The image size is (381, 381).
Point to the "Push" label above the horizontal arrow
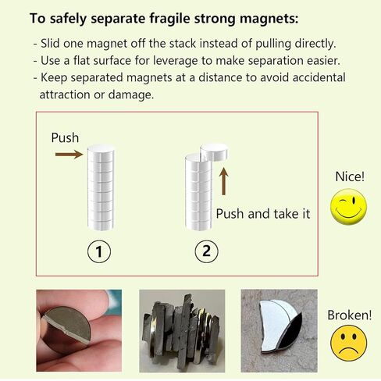tap(65, 137)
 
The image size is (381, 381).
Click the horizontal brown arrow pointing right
tap(69, 155)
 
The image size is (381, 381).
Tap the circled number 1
tap(100, 251)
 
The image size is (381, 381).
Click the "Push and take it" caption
tap(262, 213)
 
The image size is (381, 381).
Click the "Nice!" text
tap(349, 176)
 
